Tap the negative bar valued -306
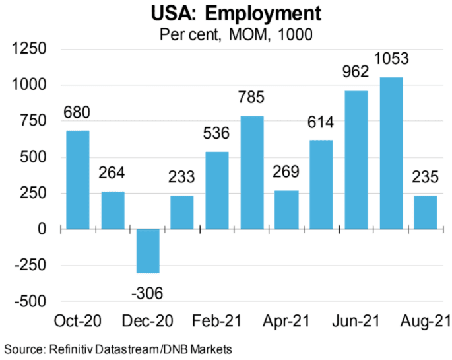(x=147, y=251)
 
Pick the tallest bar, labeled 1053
(x=391, y=153)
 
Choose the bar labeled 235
(x=426, y=212)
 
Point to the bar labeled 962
(x=356, y=160)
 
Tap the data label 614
(x=321, y=123)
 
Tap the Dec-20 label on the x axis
(x=148, y=322)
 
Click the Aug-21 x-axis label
(x=426, y=322)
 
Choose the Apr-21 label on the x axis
(x=286, y=322)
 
